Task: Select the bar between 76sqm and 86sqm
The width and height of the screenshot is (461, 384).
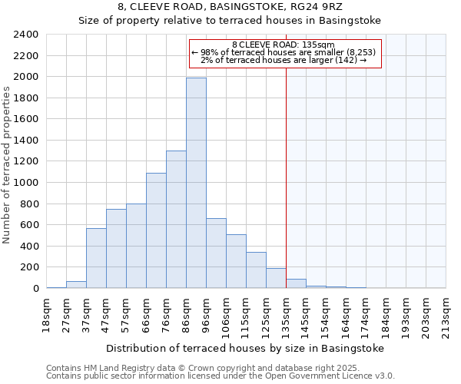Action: coord(176,220)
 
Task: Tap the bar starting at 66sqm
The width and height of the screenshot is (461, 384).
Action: coord(156,230)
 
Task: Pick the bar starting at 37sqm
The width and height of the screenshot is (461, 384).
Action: coord(96,258)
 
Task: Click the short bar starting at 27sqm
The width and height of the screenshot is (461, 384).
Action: coord(76,284)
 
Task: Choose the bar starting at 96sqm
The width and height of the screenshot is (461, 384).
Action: coord(216,253)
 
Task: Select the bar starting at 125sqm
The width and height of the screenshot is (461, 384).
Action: coord(276,278)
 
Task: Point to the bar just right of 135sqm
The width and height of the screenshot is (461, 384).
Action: coord(296,283)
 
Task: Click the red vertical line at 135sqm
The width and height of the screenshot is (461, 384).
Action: coord(286,169)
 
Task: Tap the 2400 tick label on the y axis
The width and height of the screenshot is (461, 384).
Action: coord(26,35)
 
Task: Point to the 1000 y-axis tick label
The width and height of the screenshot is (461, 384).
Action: coord(26,183)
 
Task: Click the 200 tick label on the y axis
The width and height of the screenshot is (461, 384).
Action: coord(29,267)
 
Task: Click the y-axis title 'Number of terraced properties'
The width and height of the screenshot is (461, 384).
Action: coord(7,165)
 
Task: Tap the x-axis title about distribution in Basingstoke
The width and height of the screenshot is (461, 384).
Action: coord(244,348)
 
